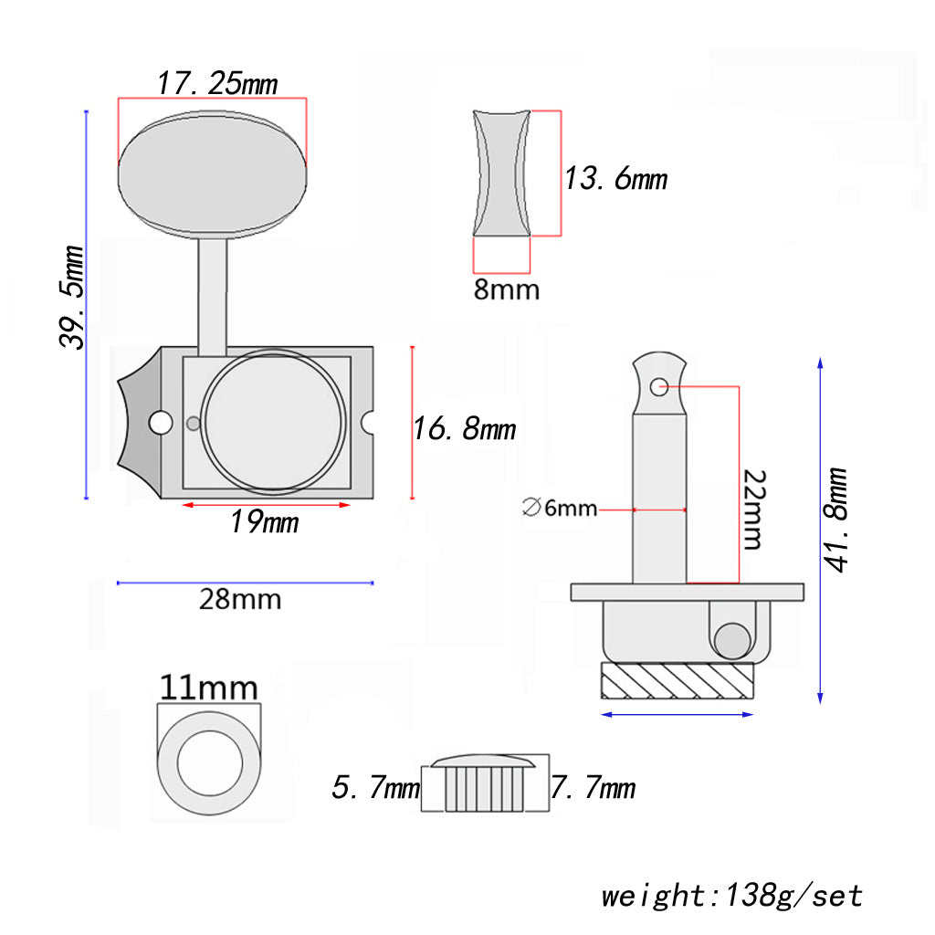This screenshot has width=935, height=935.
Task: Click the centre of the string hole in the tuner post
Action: (659, 387)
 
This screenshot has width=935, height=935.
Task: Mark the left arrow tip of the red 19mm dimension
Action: (183, 505)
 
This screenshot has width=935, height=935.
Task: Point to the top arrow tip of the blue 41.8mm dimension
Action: (821, 358)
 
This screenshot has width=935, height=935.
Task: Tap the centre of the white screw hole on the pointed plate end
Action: (161, 423)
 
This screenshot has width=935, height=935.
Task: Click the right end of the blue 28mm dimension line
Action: (373, 583)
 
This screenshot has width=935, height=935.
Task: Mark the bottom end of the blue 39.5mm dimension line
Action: (87, 498)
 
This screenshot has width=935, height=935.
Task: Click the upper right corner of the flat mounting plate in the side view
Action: (804, 583)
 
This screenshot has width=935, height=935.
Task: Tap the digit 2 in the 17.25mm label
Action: (217, 83)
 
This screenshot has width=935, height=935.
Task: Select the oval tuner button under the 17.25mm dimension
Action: (212, 174)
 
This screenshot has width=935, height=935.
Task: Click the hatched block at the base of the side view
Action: (678, 680)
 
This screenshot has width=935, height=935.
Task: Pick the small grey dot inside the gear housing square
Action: (194, 424)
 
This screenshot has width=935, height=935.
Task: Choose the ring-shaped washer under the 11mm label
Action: (209, 763)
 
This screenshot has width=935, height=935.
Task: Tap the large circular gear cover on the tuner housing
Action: (274, 422)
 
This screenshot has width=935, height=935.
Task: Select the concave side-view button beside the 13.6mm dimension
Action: (501, 173)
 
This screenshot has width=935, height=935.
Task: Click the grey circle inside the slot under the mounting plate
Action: (732, 641)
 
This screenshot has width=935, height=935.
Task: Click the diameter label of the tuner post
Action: (560, 508)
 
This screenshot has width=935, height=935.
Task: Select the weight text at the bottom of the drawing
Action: (731, 895)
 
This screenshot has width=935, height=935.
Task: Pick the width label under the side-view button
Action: (507, 289)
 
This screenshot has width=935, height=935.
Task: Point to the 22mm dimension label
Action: (754, 510)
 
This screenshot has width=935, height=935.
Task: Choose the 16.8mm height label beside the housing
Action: (465, 429)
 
